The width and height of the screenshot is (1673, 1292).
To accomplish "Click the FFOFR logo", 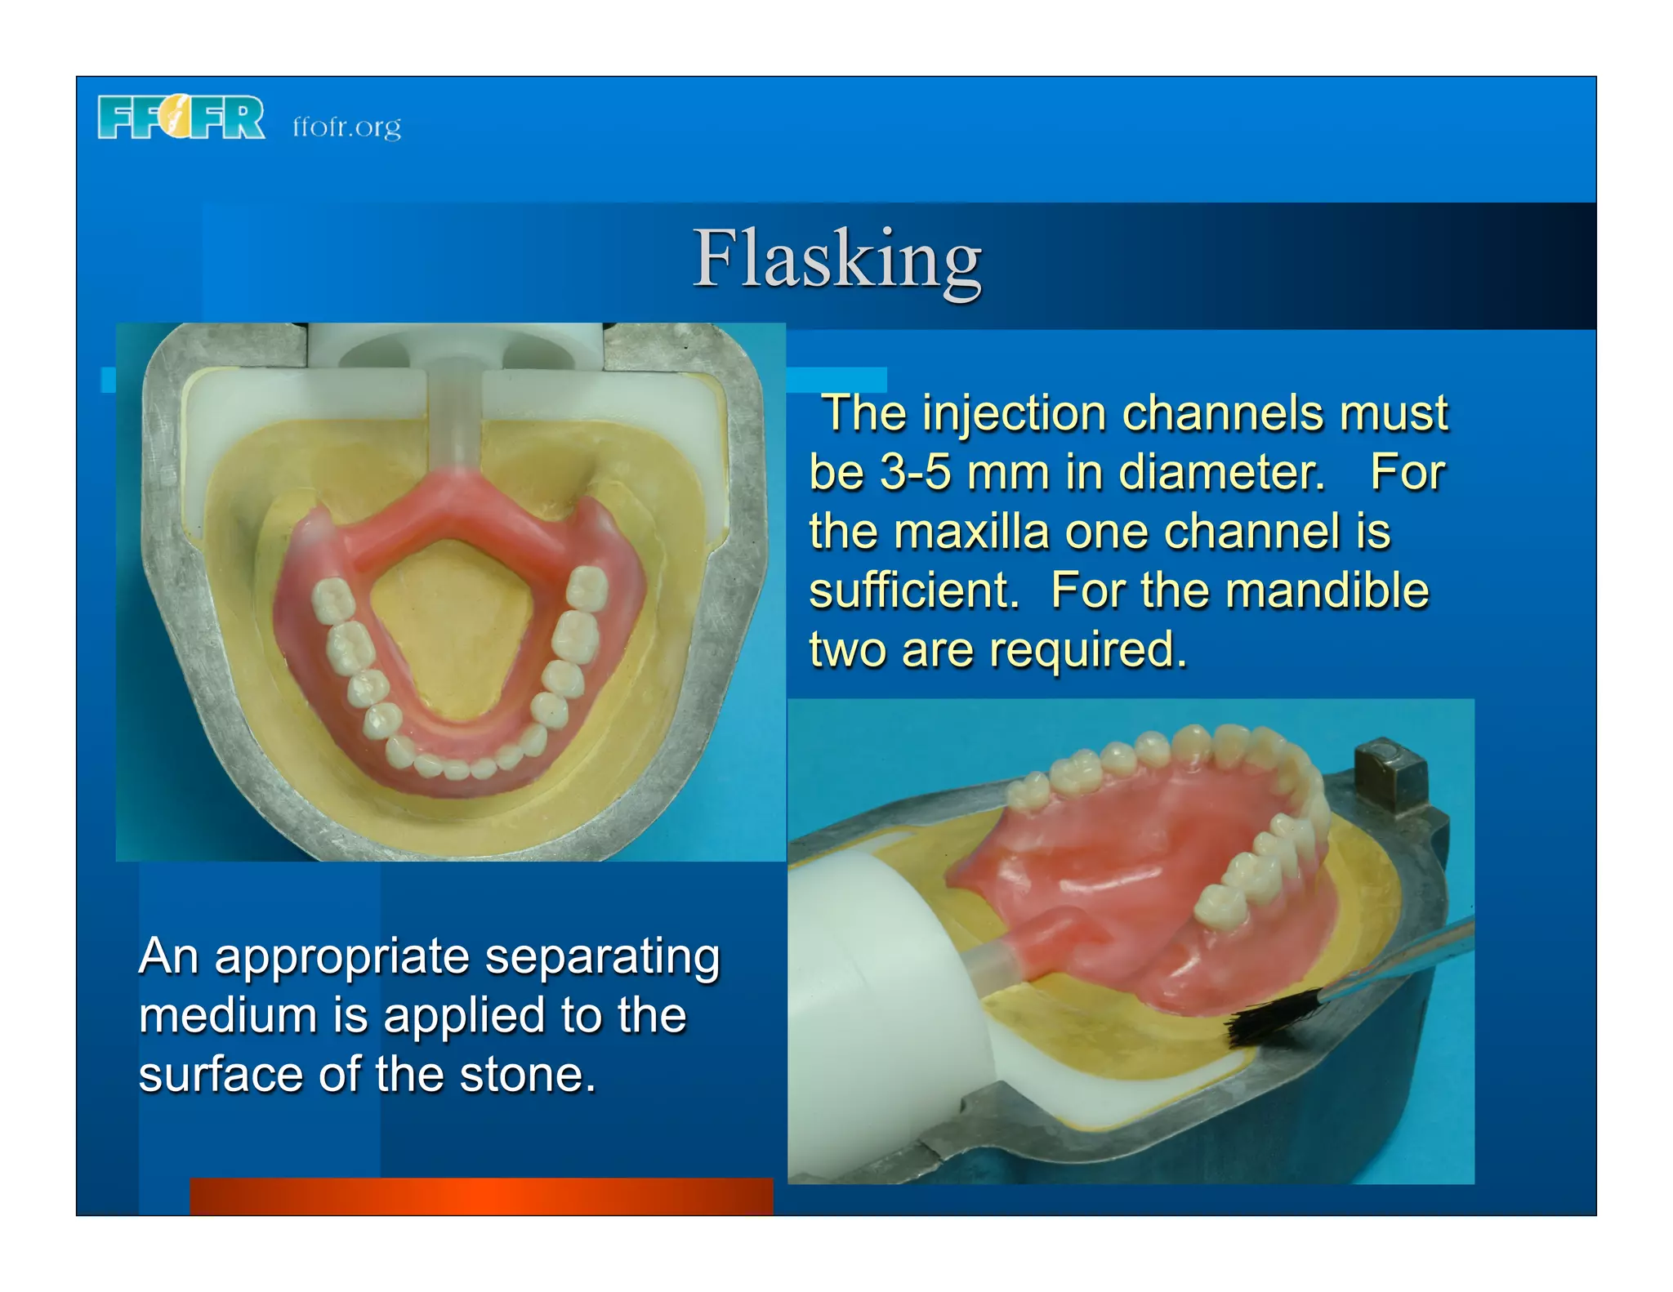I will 181,118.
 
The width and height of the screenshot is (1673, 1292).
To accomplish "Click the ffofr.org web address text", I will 347,127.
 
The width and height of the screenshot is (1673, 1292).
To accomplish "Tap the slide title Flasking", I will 836,259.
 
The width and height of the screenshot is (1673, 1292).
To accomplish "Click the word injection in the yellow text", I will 1013,413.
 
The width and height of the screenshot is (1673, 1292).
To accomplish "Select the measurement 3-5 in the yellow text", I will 915,473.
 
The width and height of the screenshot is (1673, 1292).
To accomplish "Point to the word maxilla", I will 971,532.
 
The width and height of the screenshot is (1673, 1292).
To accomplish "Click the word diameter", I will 1221,473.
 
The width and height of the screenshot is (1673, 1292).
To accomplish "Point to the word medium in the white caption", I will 228,1016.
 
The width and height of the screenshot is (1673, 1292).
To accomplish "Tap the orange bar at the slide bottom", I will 481,1196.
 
